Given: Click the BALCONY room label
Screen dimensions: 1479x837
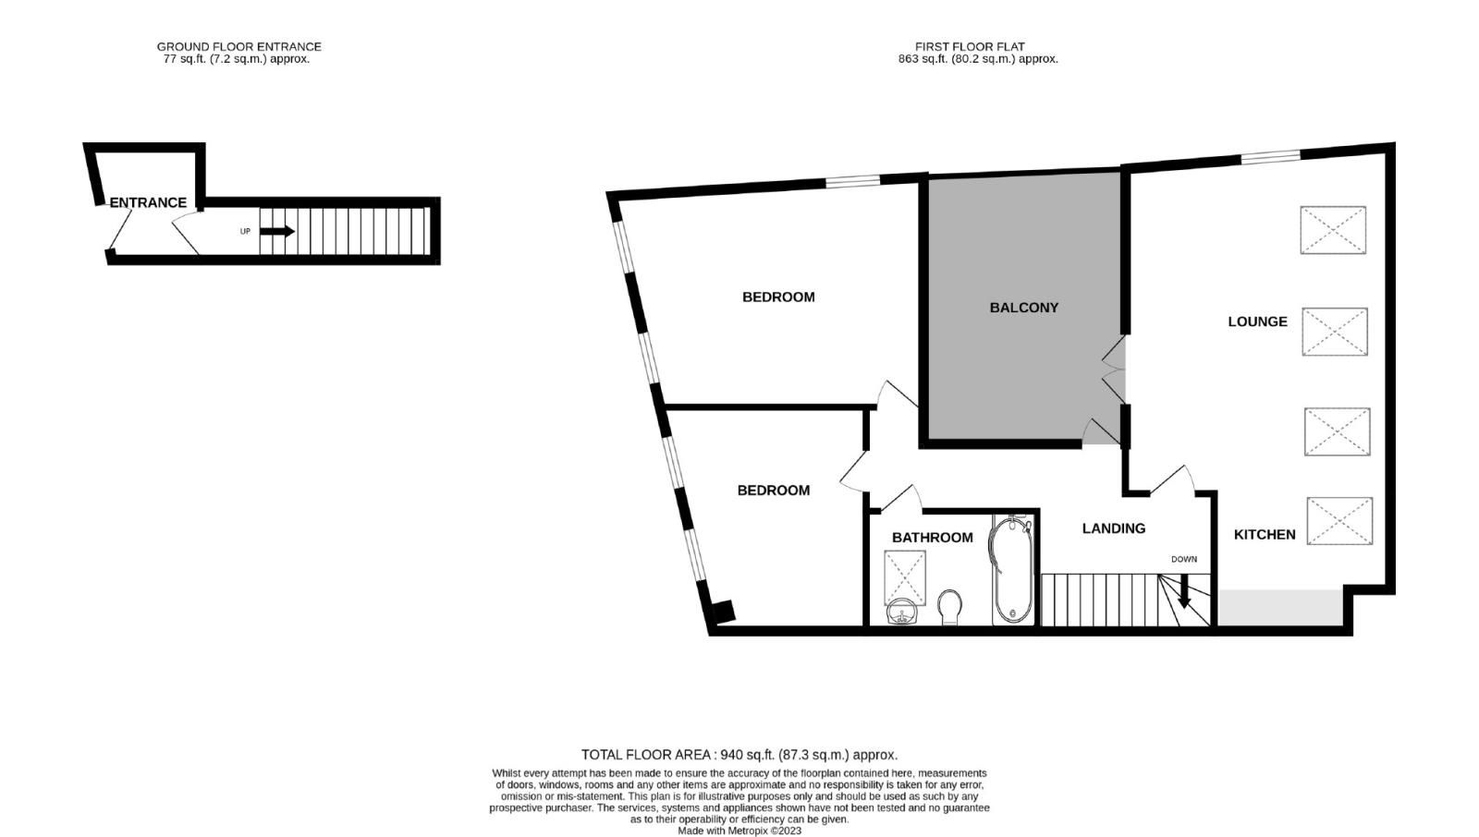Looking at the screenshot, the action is tap(1023, 308).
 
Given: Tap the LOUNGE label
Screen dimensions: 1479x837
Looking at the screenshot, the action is tap(1257, 321).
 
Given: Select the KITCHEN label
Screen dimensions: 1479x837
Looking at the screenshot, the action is tap(1265, 535).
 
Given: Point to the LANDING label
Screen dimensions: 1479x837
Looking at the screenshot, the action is tap(1113, 528).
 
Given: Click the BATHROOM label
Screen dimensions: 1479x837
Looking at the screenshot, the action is tap(933, 538).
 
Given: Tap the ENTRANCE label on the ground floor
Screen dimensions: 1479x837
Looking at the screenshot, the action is tap(148, 202).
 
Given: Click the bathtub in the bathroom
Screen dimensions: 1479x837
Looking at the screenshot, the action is tap(1011, 570).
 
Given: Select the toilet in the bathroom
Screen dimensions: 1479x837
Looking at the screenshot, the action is tap(949, 607).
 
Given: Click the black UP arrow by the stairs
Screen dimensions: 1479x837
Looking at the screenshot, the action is tap(276, 231).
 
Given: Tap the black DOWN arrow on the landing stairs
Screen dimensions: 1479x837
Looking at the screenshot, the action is tap(1184, 590).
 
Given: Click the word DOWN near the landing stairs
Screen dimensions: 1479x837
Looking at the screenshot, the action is tap(1184, 559).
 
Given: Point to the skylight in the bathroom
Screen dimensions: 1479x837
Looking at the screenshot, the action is tap(905, 577).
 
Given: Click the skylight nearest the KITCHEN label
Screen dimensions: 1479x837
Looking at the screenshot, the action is tap(1339, 521).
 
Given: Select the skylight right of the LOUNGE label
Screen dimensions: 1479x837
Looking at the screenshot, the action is tap(1335, 332).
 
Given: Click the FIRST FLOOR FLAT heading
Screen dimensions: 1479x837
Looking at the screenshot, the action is tap(970, 47).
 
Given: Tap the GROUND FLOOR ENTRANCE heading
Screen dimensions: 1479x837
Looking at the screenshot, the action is tap(239, 47).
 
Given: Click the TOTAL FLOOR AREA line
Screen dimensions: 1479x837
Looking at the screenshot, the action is tap(739, 755).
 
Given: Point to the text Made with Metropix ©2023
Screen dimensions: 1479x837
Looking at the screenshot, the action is tap(739, 831).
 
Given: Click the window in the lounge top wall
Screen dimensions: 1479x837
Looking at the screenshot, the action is tap(1271, 156).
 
